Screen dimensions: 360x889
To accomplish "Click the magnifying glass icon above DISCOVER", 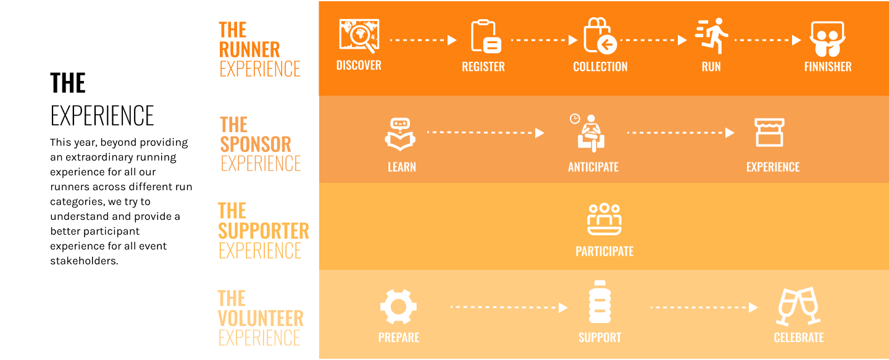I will pyautogui.click(x=359, y=36).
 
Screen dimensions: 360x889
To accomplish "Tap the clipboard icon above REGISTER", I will pyautogui.click(x=485, y=36).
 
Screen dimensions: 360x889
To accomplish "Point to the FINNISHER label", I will pyautogui.click(x=827, y=67).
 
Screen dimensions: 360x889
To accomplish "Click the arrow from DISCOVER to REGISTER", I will pyautogui.click(x=423, y=40).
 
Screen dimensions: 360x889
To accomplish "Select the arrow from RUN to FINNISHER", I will pyautogui.click(x=767, y=40).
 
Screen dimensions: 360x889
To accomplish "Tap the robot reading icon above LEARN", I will pyautogui.click(x=401, y=134).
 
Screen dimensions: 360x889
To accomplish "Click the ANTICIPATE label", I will pyautogui.click(x=593, y=167).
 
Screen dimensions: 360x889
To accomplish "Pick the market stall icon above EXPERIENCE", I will pyautogui.click(x=769, y=133).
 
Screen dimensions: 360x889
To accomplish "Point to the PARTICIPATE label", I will pyautogui.click(x=604, y=251).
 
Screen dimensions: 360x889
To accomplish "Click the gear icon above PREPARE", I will pyautogui.click(x=398, y=307).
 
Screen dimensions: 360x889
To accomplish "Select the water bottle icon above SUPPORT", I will pyautogui.click(x=599, y=303).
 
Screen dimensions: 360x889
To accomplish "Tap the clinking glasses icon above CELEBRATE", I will pyautogui.click(x=798, y=306).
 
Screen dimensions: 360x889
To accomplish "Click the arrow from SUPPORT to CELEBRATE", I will pyautogui.click(x=704, y=307).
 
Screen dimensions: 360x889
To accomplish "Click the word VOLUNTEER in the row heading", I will pyautogui.click(x=261, y=319).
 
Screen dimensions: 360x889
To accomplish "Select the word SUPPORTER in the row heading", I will pyautogui.click(x=264, y=231).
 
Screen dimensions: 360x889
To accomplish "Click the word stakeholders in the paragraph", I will pyautogui.click(x=83, y=261).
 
